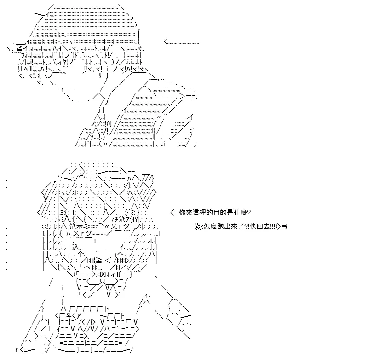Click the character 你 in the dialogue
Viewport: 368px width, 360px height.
(182, 213)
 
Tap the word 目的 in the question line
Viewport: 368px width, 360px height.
(214, 213)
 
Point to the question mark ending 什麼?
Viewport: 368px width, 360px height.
(249, 213)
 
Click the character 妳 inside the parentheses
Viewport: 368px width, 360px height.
(200, 226)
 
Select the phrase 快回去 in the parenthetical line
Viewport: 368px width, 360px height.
(259, 226)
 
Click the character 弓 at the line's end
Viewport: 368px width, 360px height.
(284, 226)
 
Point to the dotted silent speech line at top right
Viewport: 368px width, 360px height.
(181, 42)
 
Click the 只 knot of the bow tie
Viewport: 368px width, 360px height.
(102, 281)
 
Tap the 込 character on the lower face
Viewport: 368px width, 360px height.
(75, 247)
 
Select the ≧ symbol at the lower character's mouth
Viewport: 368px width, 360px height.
(98, 261)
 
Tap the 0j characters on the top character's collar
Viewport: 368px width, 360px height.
(109, 123)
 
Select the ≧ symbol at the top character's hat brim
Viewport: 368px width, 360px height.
(19, 49)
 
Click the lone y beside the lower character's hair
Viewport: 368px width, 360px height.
(46, 198)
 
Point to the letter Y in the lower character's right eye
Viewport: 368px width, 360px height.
(136, 220)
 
